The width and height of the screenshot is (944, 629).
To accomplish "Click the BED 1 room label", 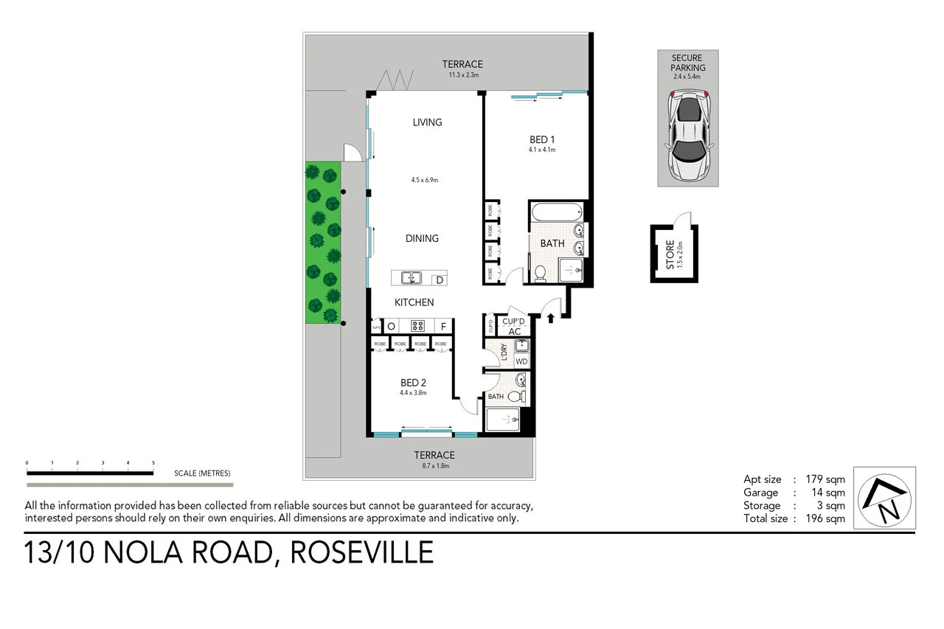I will coord(541,139).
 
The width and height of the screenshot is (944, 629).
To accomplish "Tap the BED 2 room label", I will coord(413,383).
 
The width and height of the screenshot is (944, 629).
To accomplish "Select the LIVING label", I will coord(427,122).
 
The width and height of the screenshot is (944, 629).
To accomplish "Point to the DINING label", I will coord(422,238).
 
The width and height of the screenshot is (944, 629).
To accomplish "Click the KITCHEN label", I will coord(414,302).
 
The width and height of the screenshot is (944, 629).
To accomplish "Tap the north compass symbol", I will coord(884,498).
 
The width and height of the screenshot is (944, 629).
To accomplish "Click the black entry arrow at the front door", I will coord(551,318).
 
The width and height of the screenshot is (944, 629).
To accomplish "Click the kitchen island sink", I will coord(410,278).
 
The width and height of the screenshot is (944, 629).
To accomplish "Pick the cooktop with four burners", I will coord(417,326).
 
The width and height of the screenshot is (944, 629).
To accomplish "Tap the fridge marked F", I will coord(444,326).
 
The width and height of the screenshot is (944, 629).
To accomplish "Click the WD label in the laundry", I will coord(521,361).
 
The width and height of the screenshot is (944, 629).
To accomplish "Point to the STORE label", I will coord(670,254).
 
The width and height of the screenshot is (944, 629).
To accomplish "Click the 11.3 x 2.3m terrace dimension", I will coord(463,75).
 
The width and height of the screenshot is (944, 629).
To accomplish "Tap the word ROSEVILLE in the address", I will coord(361,552).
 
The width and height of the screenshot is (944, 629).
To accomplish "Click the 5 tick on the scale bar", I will coord(153,463).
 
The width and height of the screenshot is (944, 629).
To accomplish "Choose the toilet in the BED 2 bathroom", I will coord(516,397).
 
